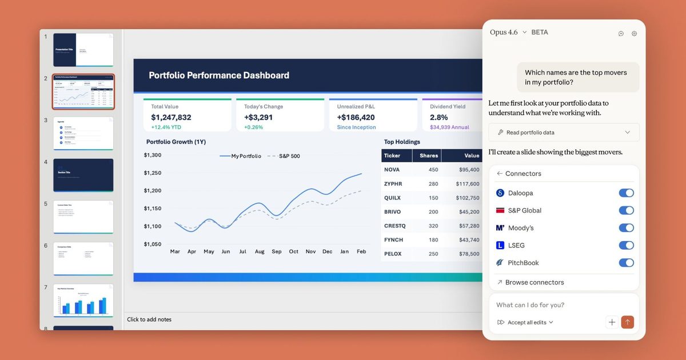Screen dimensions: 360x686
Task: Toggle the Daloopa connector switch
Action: tap(626, 193)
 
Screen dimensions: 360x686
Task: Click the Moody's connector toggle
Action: tap(626, 228)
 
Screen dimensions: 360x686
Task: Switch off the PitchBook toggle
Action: tap(626, 263)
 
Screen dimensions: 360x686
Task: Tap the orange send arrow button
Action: tap(627, 322)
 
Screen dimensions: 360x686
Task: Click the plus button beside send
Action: tap(612, 322)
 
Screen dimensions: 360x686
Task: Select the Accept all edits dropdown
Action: tap(525, 322)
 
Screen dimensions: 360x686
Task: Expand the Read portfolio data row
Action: tap(564, 133)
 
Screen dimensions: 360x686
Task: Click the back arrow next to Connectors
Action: tap(500, 174)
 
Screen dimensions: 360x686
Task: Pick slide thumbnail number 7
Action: tap(83, 300)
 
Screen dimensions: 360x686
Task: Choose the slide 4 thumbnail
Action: tap(83, 175)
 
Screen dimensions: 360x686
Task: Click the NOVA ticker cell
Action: tap(392, 170)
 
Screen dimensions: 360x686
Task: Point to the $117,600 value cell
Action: tap(468, 184)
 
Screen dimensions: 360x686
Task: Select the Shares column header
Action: tap(429, 155)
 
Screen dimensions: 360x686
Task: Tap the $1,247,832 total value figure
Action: tap(171, 117)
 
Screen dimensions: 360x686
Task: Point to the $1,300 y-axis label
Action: tap(153, 155)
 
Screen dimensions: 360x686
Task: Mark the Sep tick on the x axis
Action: tap(277, 251)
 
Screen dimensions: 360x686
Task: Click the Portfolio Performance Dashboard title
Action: tap(219, 75)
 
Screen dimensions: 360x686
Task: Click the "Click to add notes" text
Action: tap(149, 319)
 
